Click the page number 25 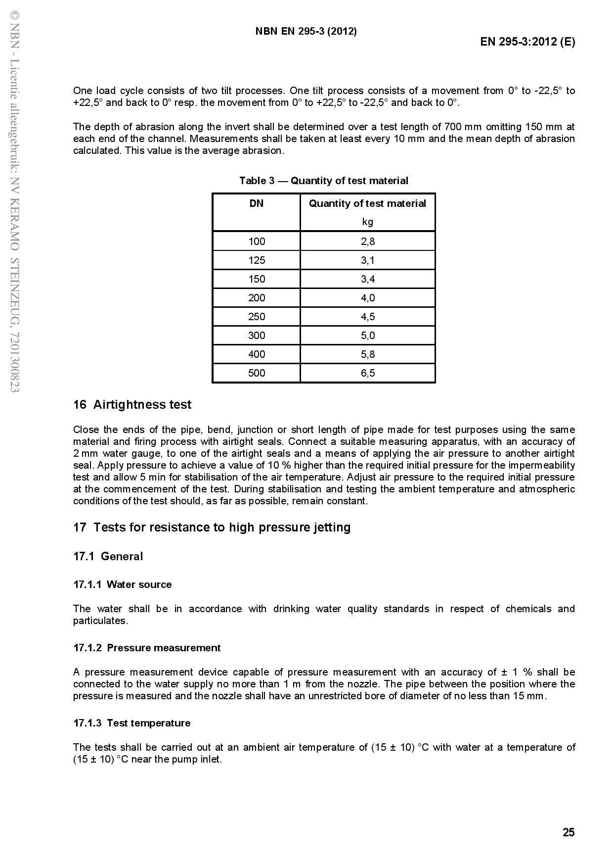tap(569, 832)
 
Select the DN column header tap(257, 203)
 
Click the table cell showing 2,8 tap(368, 241)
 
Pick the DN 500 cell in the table tap(257, 373)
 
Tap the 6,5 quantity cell tap(368, 373)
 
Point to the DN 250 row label tap(257, 317)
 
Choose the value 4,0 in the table tap(368, 298)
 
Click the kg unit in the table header tap(368, 222)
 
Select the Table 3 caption tap(324, 181)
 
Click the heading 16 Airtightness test tap(132, 405)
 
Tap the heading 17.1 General tap(108, 556)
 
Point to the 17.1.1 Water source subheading tap(122, 584)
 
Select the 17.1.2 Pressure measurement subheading tap(147, 648)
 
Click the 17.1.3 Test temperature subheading tap(131, 723)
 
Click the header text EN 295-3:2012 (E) tap(527, 42)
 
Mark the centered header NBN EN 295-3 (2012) tap(306, 31)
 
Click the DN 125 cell tap(257, 260)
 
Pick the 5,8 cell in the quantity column tap(368, 354)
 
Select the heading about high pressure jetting tap(212, 528)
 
